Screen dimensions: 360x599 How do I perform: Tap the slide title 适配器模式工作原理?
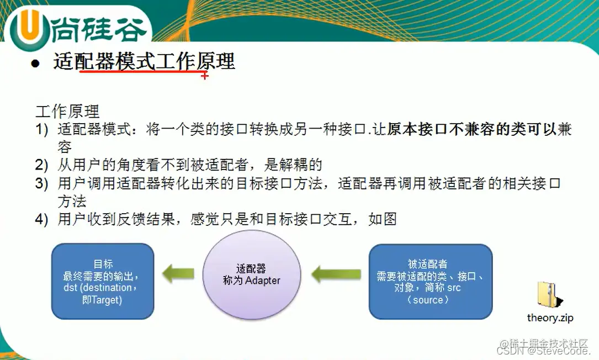click(144, 61)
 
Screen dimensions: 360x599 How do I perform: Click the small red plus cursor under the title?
click(205, 76)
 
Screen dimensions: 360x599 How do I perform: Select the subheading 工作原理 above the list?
click(67, 112)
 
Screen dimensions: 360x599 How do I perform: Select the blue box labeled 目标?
click(103, 281)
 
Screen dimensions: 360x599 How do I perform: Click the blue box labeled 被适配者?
click(430, 281)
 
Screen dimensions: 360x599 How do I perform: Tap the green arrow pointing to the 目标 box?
click(178, 272)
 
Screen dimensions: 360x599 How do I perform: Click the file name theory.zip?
click(550, 317)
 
